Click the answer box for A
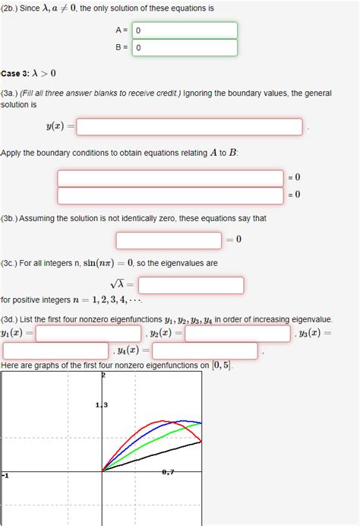coord(185,30)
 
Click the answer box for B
coord(185,47)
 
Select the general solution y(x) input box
coord(189,127)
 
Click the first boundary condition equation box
coord(170,178)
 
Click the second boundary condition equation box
coord(170,195)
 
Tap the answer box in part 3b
coord(169,239)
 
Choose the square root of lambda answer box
coord(191,285)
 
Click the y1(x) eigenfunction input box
coord(89,334)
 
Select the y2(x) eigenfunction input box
coord(237,334)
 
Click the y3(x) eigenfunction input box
coord(54,351)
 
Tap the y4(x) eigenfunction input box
coord(205,351)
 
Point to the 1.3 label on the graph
coord(102,404)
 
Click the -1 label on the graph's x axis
coord(5,475)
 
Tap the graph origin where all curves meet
coord(102,471)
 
